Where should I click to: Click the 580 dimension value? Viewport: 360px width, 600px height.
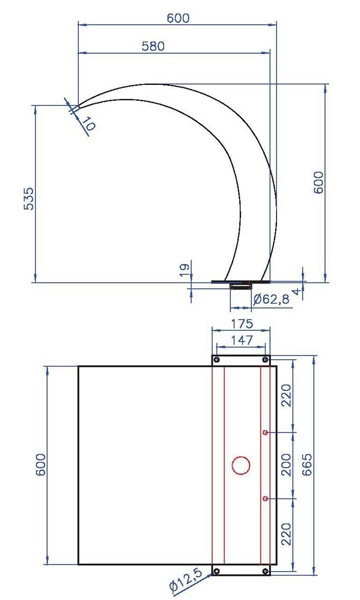(153, 46)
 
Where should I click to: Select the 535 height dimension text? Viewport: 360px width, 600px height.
(29, 199)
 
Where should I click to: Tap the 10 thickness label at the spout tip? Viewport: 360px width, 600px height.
(88, 124)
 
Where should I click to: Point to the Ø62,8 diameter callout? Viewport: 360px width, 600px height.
(271, 299)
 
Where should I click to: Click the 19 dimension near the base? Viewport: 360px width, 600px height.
(185, 271)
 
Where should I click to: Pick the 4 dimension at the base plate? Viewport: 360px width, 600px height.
(296, 292)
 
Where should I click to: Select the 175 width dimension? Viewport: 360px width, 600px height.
(242, 324)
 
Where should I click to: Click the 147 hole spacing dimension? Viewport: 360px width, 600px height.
(242, 340)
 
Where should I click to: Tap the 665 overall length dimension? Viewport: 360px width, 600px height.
(307, 465)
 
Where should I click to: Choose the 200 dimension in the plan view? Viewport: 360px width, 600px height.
(287, 465)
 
